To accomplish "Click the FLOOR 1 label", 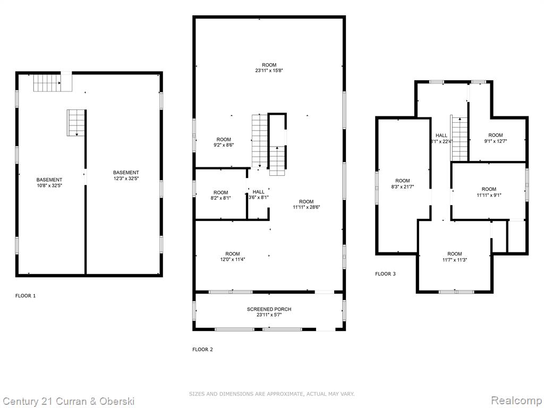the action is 25,296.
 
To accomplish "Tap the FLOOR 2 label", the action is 202,350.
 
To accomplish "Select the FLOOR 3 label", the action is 385,274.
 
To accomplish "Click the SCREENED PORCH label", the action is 269,309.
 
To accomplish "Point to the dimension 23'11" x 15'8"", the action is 269,71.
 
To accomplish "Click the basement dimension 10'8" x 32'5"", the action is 49,185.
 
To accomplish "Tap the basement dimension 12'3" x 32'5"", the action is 126,178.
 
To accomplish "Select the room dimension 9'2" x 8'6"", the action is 224,146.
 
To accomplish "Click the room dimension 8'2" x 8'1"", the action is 220,198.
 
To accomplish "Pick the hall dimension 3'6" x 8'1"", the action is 259,198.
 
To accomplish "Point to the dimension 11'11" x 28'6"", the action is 306,207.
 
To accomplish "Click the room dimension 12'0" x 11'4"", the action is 233,259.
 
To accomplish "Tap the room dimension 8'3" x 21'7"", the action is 403,186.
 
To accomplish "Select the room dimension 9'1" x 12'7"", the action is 496,141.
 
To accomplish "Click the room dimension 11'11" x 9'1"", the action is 489,195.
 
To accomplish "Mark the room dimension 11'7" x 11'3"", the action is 455,259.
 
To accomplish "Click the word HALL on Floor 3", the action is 441,135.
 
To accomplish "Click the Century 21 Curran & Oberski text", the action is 69,402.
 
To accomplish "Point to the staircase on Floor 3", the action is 459,138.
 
